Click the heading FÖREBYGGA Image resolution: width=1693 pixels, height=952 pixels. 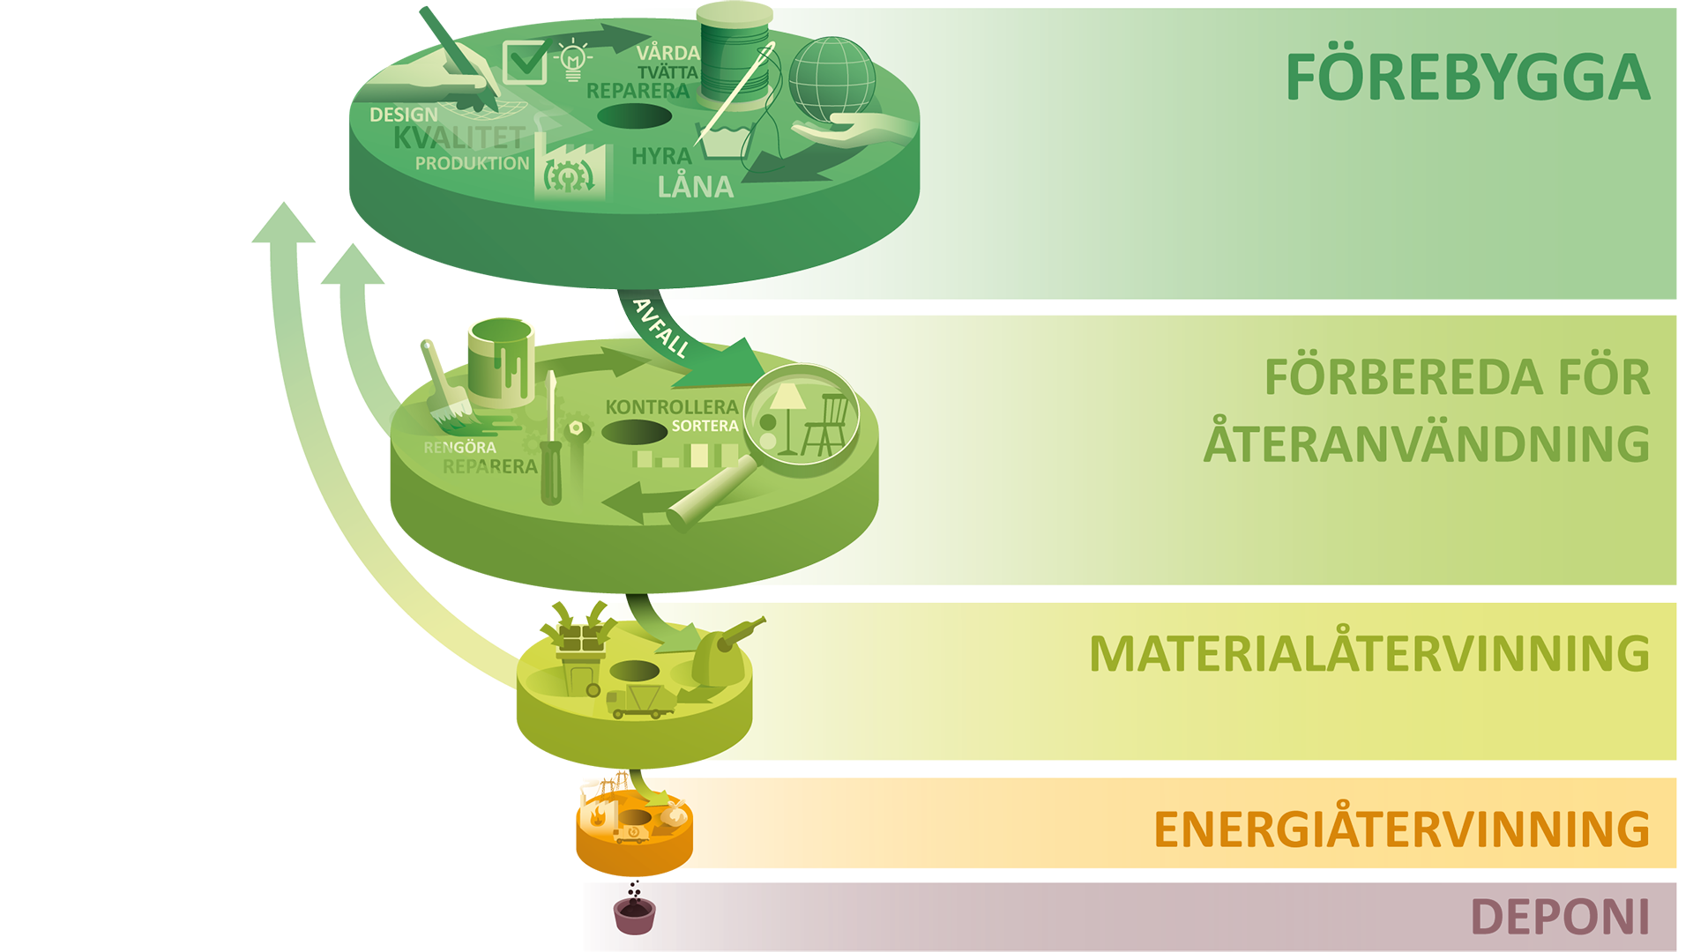click(x=1467, y=78)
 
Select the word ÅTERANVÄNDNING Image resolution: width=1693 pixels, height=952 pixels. click(x=1426, y=443)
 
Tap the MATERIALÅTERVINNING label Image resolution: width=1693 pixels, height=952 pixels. click(x=1369, y=653)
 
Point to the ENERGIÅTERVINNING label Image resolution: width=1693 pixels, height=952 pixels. click(x=1401, y=829)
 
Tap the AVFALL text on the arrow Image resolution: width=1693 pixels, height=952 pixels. click(x=661, y=327)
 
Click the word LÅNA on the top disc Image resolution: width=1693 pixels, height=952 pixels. click(x=695, y=187)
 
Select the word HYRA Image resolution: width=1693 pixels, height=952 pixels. click(x=661, y=156)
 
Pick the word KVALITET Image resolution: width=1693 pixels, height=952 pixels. click(x=459, y=138)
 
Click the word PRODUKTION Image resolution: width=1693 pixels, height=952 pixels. click(x=472, y=164)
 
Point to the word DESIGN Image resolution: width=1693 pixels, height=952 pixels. click(x=403, y=115)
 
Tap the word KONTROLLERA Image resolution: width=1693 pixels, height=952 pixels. click(x=671, y=407)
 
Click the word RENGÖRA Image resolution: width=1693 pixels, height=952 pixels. click(x=459, y=448)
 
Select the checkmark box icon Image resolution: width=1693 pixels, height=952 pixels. click(x=526, y=62)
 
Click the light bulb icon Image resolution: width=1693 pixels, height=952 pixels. click(x=573, y=60)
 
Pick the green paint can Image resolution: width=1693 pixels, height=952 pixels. click(x=501, y=357)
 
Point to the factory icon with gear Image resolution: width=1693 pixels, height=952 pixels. click(x=569, y=172)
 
